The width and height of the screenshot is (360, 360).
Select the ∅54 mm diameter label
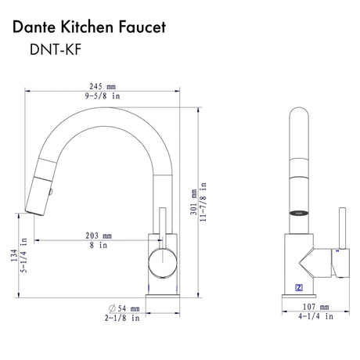pyautogui.click(x=123, y=310)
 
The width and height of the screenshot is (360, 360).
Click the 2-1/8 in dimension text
pyautogui.click(x=123, y=320)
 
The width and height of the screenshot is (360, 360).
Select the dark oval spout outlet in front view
pyautogui.click(x=298, y=211)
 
